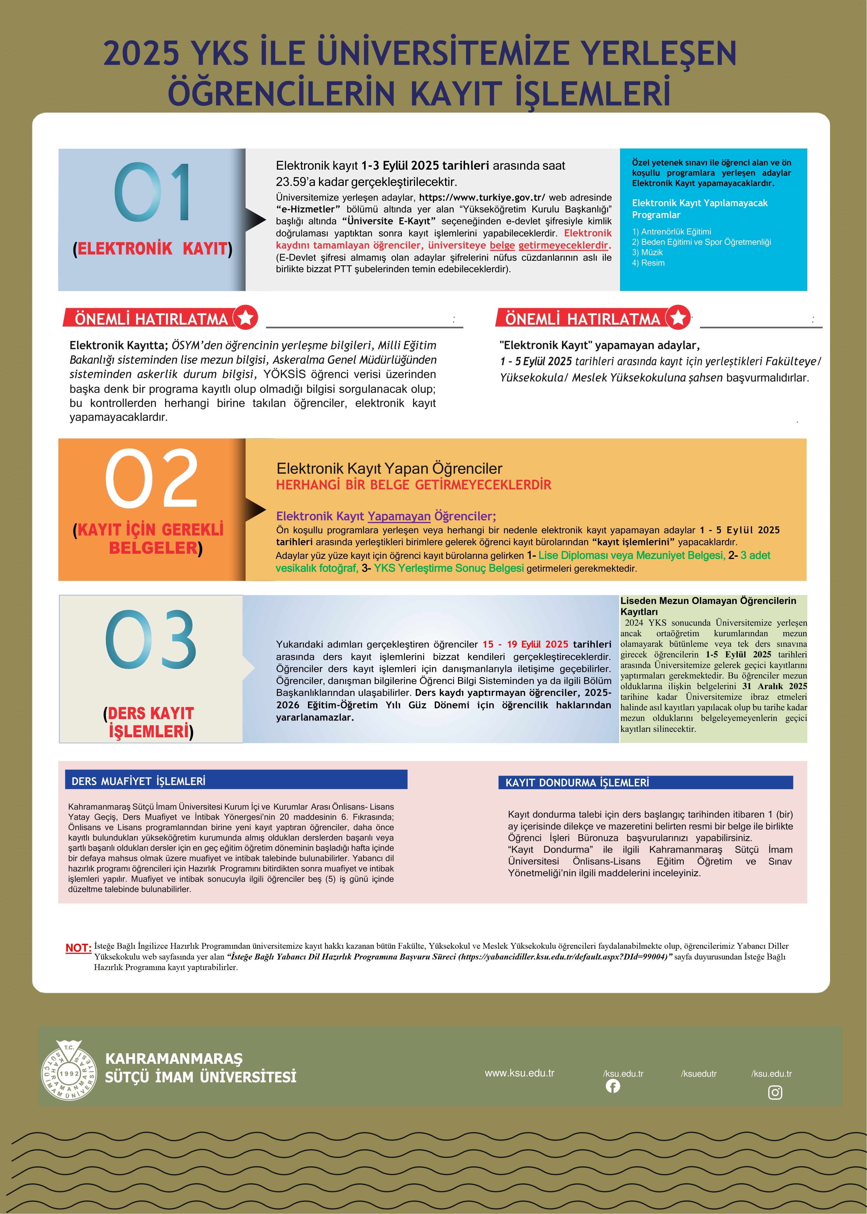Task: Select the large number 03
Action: (151, 639)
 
